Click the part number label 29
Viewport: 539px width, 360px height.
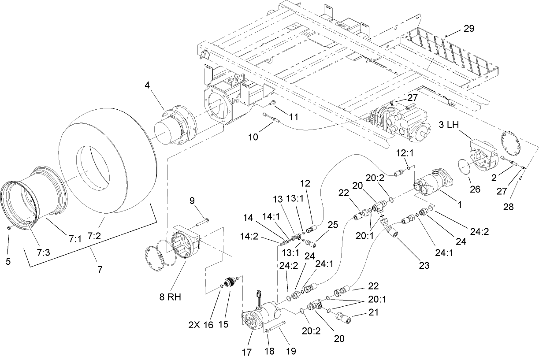click(468, 29)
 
